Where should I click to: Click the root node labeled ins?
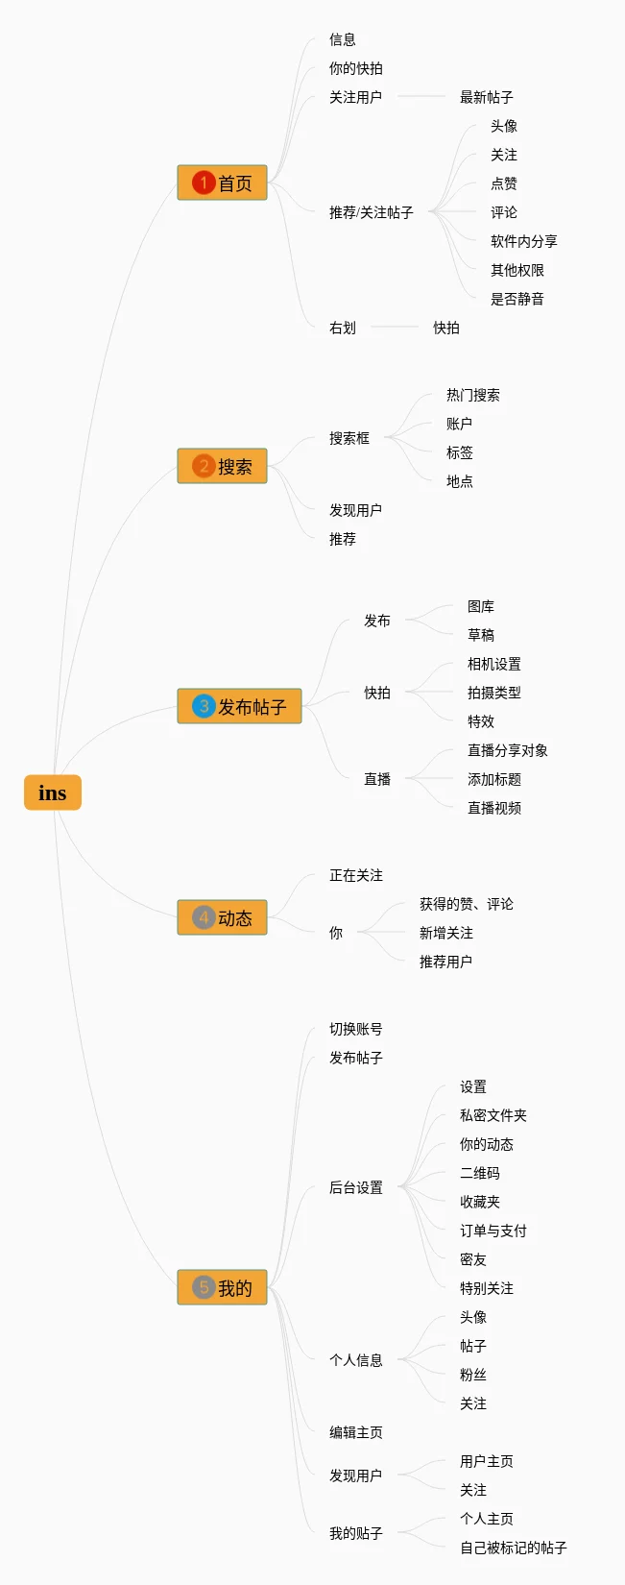click(52, 792)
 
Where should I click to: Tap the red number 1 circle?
click(204, 183)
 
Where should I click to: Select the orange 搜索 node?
click(222, 466)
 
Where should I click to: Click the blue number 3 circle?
click(204, 706)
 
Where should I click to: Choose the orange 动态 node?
click(222, 917)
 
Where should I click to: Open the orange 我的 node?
click(222, 1287)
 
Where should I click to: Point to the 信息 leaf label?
click(342, 39)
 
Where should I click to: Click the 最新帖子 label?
click(487, 97)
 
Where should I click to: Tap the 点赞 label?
click(504, 184)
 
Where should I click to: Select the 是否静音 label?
click(517, 300)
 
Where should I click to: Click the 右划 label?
click(342, 328)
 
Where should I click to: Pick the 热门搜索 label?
click(473, 395)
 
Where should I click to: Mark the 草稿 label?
click(481, 635)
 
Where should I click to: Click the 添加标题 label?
click(494, 780)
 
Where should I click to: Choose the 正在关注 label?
click(355, 876)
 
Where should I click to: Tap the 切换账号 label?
click(355, 1030)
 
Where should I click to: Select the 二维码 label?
click(480, 1173)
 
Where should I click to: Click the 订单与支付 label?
click(493, 1231)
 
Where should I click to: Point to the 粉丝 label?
click(473, 1375)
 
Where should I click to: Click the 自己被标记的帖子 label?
click(514, 1548)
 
